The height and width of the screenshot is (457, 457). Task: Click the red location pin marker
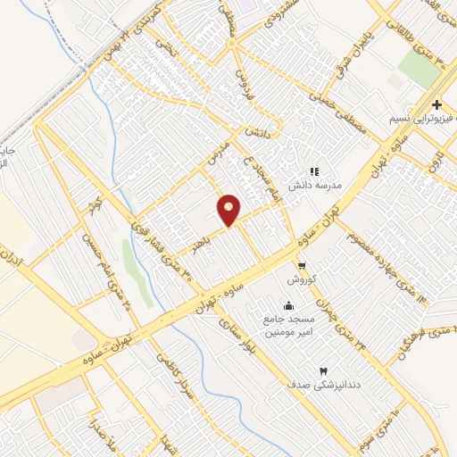coord(229,209)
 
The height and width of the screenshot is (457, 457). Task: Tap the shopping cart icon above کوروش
coord(302,265)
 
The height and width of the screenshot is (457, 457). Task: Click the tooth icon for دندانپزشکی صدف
coord(323,370)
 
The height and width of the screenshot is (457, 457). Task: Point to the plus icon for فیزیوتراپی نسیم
coord(436,104)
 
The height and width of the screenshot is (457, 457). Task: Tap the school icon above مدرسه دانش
coord(313,170)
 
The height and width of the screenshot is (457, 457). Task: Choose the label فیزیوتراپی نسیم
coord(422,119)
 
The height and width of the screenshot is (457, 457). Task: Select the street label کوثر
coord(93,207)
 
